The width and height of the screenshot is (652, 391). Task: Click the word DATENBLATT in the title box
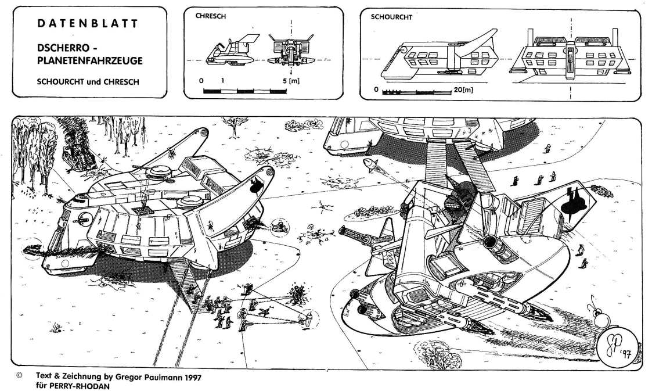87,24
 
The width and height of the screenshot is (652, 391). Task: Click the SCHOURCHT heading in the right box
391,17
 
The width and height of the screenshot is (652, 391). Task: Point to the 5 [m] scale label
291,81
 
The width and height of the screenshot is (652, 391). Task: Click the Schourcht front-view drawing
570,57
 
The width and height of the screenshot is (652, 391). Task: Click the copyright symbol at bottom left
20,376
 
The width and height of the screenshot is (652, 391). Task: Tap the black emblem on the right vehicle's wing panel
572,202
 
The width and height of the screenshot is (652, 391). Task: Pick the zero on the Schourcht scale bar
377,89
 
